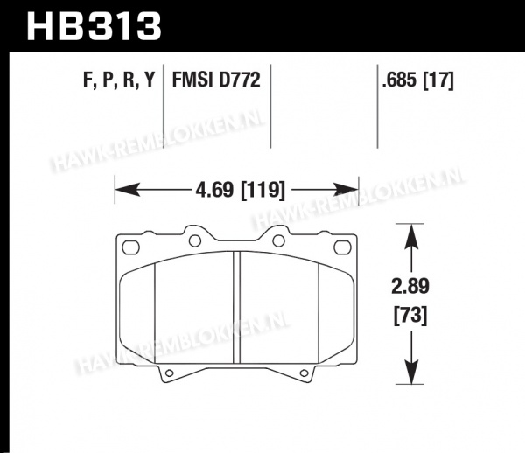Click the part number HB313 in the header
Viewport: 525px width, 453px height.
point(94,26)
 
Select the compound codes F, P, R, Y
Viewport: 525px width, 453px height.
point(119,80)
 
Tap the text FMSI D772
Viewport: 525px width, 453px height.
point(216,80)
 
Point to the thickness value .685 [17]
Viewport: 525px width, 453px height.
point(418,80)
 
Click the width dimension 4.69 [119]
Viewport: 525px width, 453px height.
point(240,191)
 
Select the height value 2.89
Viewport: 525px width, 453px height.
point(410,286)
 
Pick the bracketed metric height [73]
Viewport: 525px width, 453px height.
point(410,316)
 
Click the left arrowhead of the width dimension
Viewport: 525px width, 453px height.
point(127,190)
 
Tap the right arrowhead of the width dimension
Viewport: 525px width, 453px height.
point(346,190)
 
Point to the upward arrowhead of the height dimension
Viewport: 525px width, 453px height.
point(411,236)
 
